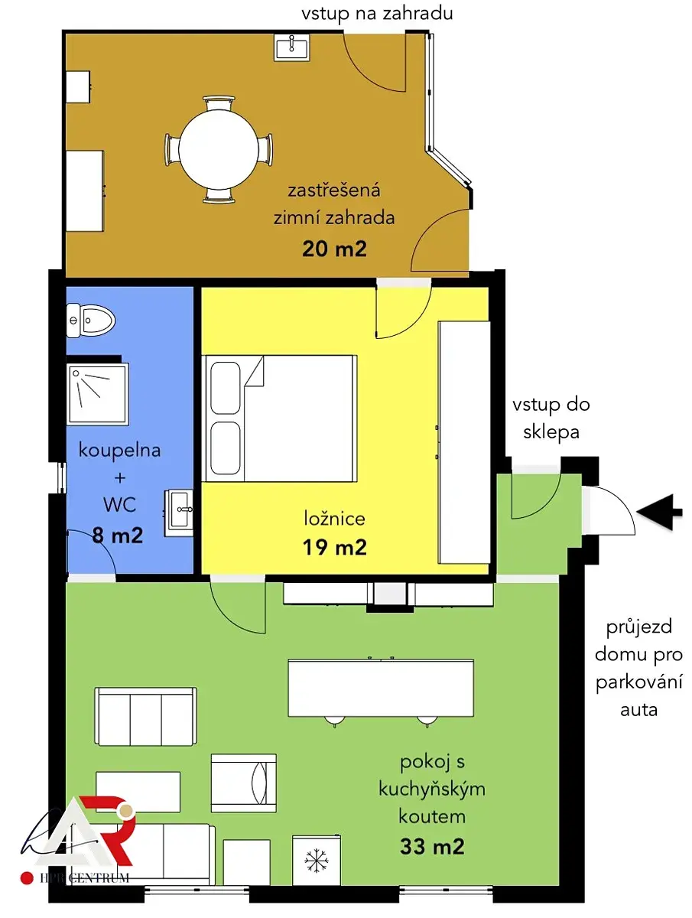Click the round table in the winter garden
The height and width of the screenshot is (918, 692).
click(219, 149)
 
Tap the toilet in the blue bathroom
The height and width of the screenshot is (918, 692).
click(91, 321)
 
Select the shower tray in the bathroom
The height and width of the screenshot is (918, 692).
click(98, 394)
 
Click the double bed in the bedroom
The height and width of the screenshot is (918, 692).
click(279, 418)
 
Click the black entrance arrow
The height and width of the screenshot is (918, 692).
click(659, 512)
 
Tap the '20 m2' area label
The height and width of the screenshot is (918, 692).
click(334, 249)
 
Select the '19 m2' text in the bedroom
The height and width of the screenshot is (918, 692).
click(334, 548)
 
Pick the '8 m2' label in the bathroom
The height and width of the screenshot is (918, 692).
click(118, 535)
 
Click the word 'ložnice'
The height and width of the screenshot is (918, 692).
click(334, 518)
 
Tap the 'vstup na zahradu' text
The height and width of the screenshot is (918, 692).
click(377, 13)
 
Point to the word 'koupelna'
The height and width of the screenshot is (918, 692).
click(119, 451)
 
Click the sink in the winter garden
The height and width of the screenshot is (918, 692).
click(291, 47)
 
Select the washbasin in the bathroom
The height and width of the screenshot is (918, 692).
click(178, 513)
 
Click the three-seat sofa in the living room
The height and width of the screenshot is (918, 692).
click(146, 716)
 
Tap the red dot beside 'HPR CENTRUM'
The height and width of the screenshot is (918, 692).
click(27, 878)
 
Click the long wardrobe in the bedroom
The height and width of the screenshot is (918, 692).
click(464, 442)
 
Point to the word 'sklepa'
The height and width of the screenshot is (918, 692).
click(551, 432)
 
